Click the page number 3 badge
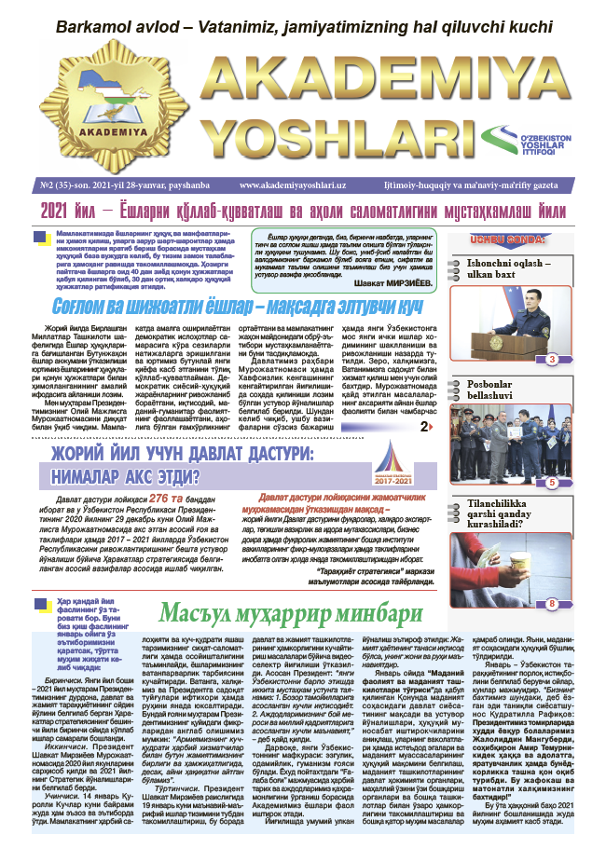point(552,359)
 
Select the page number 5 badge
point(552,483)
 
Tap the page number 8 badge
point(552,604)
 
